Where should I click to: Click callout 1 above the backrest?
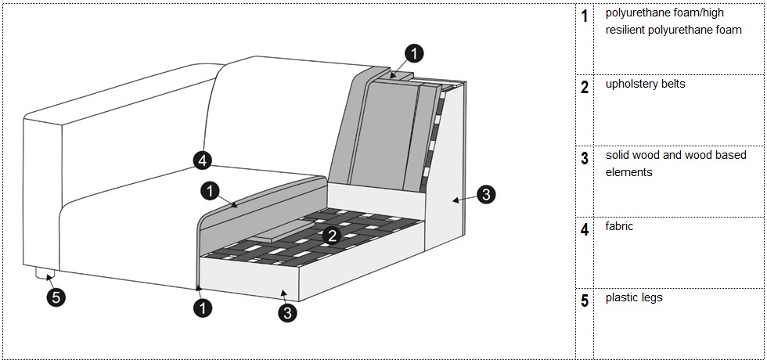(x=415, y=53)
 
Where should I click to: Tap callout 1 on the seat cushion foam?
(x=210, y=190)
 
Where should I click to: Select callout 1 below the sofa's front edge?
(x=202, y=308)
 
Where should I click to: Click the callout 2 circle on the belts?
(x=332, y=235)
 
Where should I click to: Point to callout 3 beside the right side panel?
(x=486, y=195)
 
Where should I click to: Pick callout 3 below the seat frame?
(x=288, y=313)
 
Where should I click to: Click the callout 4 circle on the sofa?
(x=202, y=161)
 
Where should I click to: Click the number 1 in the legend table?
(x=585, y=16)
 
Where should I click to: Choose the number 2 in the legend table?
(x=585, y=87)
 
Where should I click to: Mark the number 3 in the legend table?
(x=585, y=159)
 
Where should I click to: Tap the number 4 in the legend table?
(x=585, y=230)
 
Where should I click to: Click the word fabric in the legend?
(x=619, y=226)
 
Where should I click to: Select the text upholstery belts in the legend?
(x=645, y=84)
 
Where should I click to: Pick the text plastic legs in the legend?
(x=633, y=298)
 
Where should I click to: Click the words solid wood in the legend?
(x=632, y=156)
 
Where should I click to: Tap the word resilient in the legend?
(x=627, y=31)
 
